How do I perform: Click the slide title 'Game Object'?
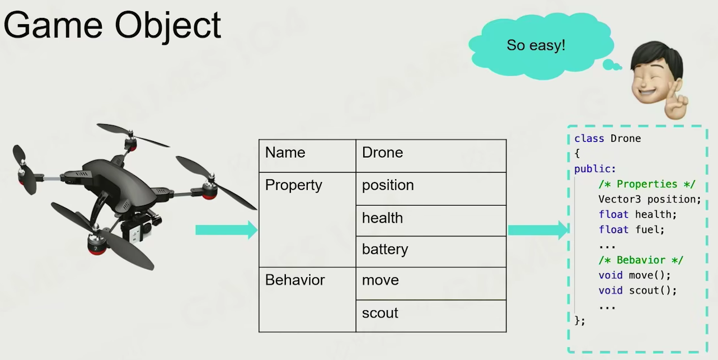click(112, 25)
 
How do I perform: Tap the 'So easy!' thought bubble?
click(536, 45)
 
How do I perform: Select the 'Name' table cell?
click(307, 156)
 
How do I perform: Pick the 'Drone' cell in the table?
click(431, 156)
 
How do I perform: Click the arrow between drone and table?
click(226, 230)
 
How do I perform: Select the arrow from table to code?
click(537, 230)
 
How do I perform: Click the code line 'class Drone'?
click(607, 139)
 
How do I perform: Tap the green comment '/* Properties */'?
click(647, 184)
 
